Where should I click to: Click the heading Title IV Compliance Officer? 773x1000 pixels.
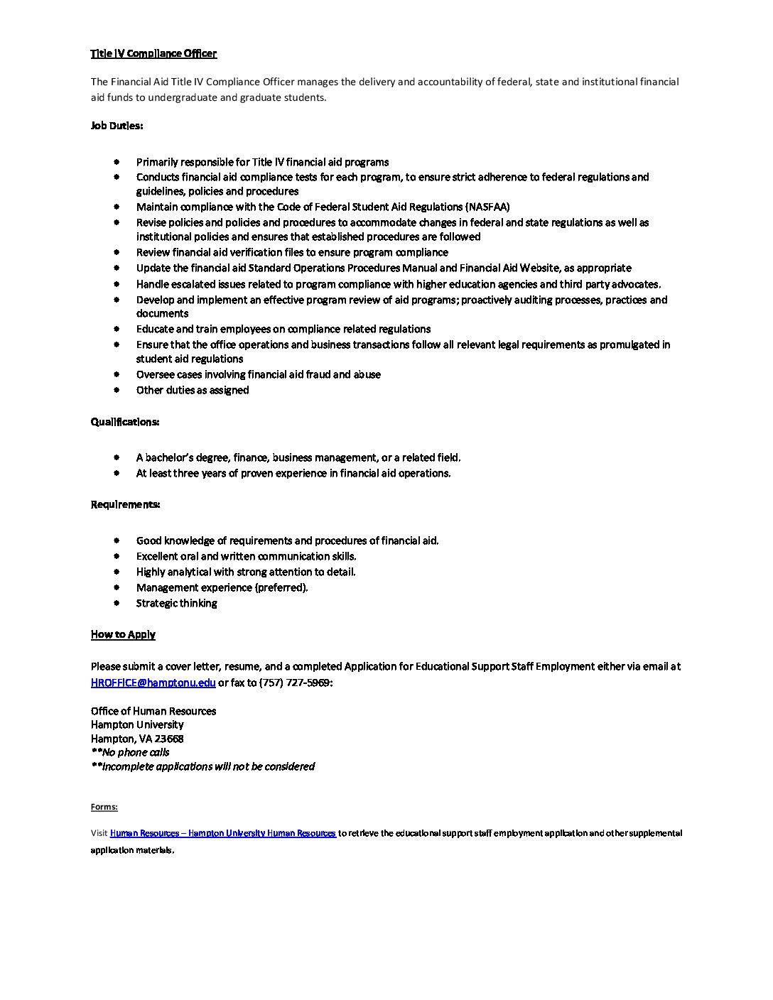(x=153, y=53)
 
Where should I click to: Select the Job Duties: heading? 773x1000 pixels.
(x=117, y=126)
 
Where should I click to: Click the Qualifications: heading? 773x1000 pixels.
(x=124, y=422)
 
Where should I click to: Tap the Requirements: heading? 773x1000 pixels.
(x=125, y=504)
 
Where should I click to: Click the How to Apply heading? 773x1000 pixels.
(x=123, y=634)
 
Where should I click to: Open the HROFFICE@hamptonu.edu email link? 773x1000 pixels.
(x=153, y=683)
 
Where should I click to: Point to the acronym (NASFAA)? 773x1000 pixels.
(x=487, y=207)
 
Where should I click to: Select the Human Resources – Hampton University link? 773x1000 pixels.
(x=223, y=833)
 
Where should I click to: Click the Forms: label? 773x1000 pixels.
(x=104, y=807)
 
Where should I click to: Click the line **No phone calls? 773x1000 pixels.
(x=130, y=752)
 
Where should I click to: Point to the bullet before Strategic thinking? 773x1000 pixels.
(x=117, y=603)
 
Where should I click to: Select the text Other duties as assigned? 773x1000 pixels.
(x=193, y=390)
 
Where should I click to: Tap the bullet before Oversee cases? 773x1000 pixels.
(x=117, y=374)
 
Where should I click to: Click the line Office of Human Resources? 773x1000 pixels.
(x=153, y=711)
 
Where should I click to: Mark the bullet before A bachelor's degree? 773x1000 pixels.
(x=117, y=457)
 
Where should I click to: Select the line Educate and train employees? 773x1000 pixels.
(x=283, y=329)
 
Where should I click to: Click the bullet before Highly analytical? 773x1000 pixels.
(x=117, y=572)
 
